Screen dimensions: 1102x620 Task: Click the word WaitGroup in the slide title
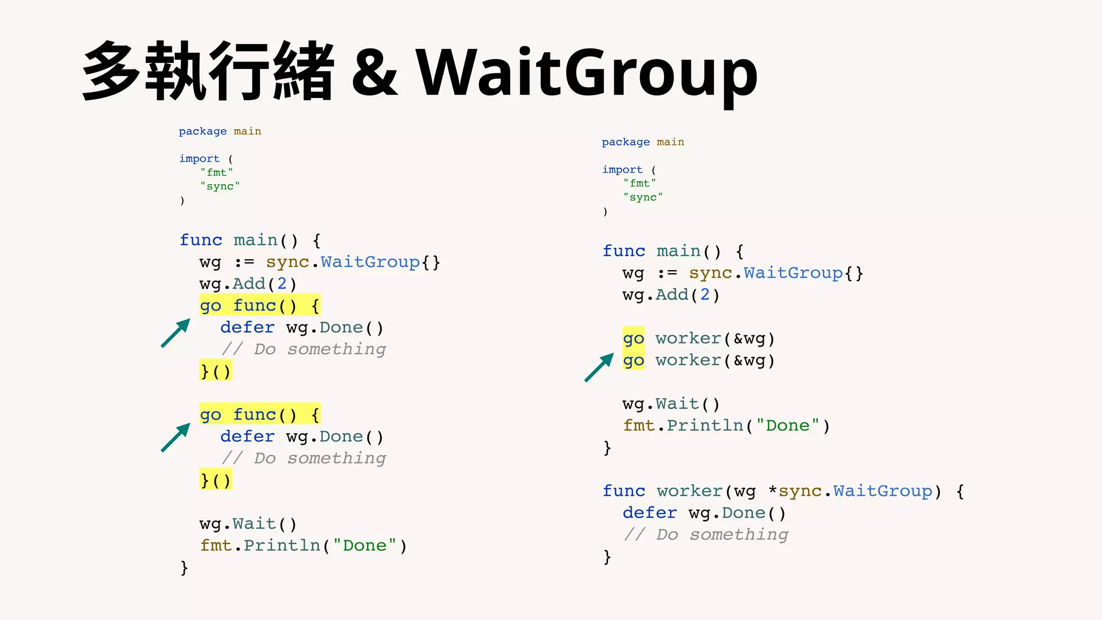pos(587,73)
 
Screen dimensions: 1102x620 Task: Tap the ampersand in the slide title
pos(375,73)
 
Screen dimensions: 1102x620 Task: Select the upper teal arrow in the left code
pos(176,333)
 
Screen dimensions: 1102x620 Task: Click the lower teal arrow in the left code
pos(176,437)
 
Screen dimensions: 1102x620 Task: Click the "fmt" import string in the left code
pos(217,172)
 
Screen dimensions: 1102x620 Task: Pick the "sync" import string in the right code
pos(643,197)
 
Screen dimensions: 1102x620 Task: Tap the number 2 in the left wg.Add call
pos(281,284)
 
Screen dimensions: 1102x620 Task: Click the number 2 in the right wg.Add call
pos(705,294)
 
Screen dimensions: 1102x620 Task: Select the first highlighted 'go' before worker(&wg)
pos(633,339)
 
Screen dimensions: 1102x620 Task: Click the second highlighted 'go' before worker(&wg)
pos(633,360)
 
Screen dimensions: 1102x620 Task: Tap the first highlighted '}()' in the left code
pos(215,371)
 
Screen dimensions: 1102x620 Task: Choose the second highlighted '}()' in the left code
pos(215,480)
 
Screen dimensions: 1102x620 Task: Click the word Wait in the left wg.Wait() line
pos(255,523)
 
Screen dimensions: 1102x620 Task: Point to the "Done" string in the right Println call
pos(788,425)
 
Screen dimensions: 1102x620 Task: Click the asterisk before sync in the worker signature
pos(773,491)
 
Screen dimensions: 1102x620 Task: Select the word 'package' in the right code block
pos(626,142)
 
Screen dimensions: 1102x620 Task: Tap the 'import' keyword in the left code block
pos(199,159)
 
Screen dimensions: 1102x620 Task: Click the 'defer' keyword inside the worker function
pos(649,512)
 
